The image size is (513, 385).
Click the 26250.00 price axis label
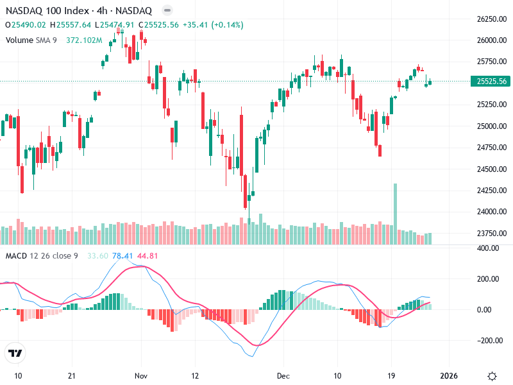pyautogui.click(x=491, y=19)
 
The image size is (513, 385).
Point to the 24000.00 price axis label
pyautogui.click(x=491, y=212)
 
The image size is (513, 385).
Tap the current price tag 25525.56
pyautogui.click(x=491, y=81)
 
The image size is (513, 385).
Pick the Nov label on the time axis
pyautogui.click(x=142, y=375)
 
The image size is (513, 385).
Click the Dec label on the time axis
pyautogui.click(x=283, y=375)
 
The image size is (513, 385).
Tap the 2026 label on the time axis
pyautogui.click(x=448, y=375)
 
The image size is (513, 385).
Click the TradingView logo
pyautogui.click(x=15, y=353)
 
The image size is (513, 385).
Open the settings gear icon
pyautogui.click(x=492, y=375)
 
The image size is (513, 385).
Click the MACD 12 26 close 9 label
pyautogui.click(x=42, y=256)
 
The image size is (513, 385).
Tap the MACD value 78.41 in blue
pyautogui.click(x=122, y=256)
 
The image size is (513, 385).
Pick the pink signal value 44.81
pyautogui.click(x=147, y=256)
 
